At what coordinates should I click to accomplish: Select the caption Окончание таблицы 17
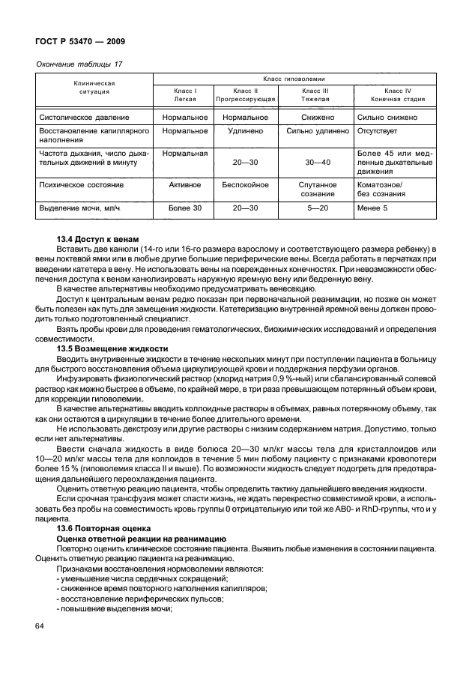pyautogui.click(x=79, y=64)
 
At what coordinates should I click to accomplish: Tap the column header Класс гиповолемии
pyautogui.click(x=294, y=78)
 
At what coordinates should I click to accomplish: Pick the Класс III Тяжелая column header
pyautogui.click(x=315, y=94)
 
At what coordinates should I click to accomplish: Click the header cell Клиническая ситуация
pyautogui.click(x=94, y=87)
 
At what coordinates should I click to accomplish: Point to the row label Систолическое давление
pyautogui.click(x=84, y=118)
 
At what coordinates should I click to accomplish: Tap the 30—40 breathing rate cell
pyautogui.click(x=315, y=162)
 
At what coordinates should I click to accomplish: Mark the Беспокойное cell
pyautogui.click(x=246, y=184)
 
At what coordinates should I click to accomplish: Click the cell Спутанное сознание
pyautogui.click(x=315, y=189)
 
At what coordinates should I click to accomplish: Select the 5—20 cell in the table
pyautogui.click(x=315, y=208)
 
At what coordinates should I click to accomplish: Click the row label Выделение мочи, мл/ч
pyautogui.click(x=81, y=208)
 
